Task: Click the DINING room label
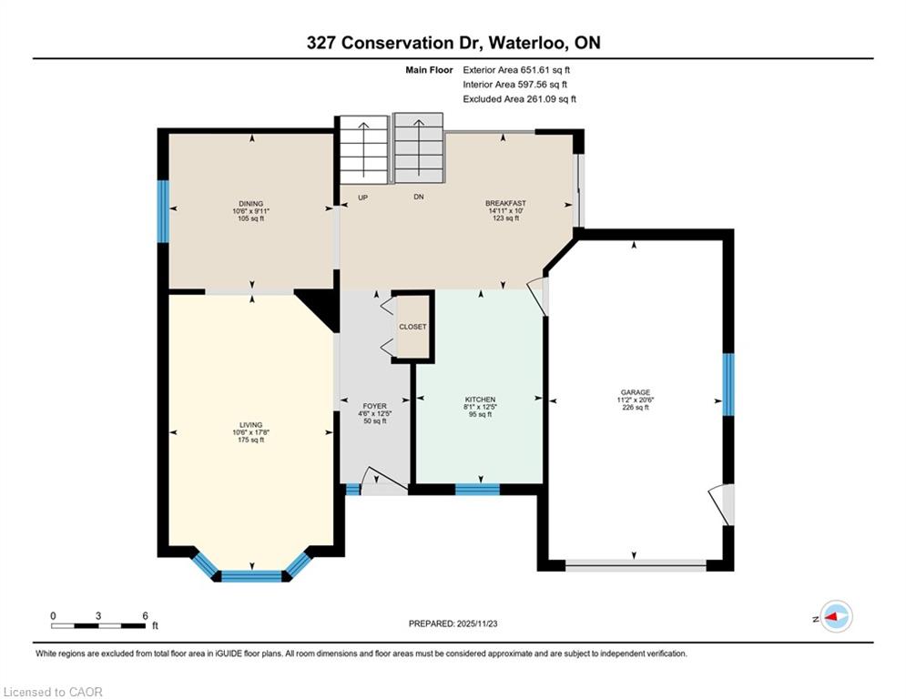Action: coord(250,204)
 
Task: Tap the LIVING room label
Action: coord(250,425)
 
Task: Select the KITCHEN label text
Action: coord(480,400)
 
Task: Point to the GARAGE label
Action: coord(635,392)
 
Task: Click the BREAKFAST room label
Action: coord(505,203)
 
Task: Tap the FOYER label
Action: coord(374,406)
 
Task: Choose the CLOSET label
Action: coord(412,327)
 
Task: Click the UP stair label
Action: coord(363,198)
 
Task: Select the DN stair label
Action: coord(419,197)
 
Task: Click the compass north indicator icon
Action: coord(836,617)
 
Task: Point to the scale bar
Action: coord(98,625)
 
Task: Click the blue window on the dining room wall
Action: coord(164,211)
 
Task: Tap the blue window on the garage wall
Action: coord(728,385)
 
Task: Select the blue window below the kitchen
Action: coord(477,490)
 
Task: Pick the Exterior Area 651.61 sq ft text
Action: coord(516,70)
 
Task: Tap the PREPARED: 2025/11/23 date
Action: coord(453,623)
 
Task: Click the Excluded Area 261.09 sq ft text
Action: coord(519,99)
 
